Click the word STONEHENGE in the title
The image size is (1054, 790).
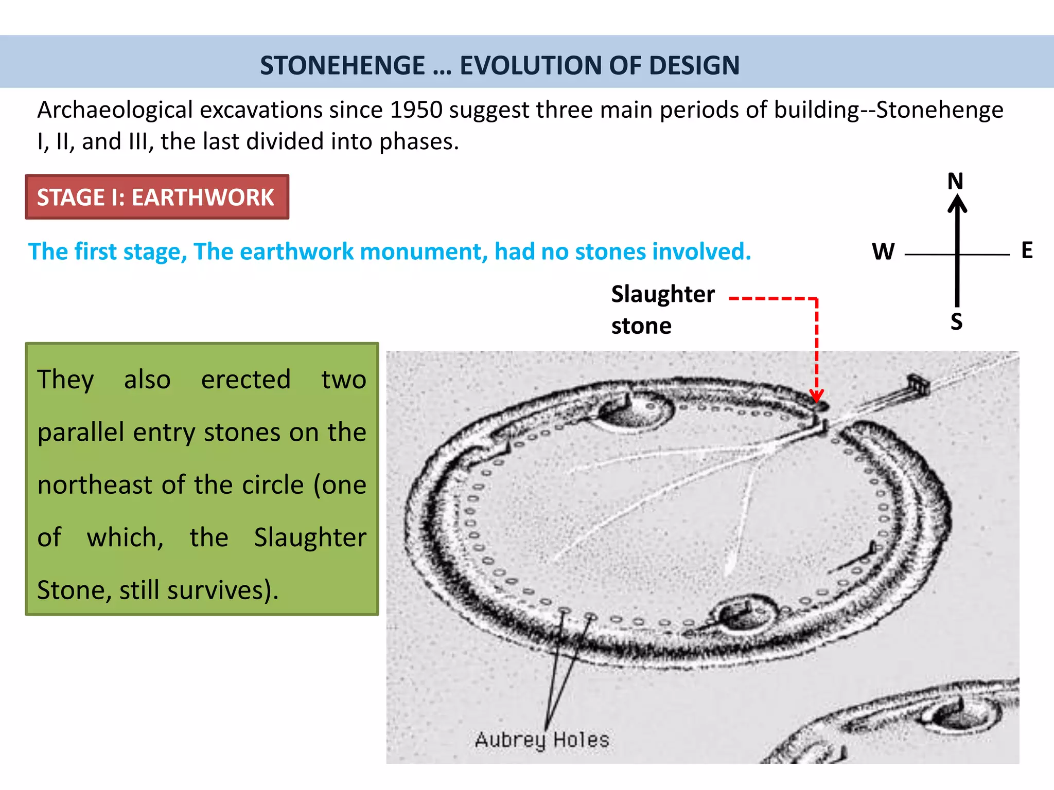tap(342, 65)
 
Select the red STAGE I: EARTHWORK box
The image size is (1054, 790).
tap(157, 197)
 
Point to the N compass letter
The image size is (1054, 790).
tap(955, 182)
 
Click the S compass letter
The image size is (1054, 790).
tap(956, 322)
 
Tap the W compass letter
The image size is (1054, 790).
tap(883, 252)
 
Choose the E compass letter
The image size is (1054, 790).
tap(1027, 250)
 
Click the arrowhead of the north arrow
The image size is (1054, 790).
tap(957, 203)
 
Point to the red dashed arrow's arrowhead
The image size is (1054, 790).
tap(816, 397)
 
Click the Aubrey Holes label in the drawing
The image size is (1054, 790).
tap(542, 740)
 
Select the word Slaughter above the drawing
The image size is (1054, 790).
tap(663, 294)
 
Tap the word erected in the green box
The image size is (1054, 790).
tap(246, 380)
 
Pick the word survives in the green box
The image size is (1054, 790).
tap(215, 590)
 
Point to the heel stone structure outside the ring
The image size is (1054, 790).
tap(917, 384)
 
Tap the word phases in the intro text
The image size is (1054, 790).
tap(418, 141)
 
